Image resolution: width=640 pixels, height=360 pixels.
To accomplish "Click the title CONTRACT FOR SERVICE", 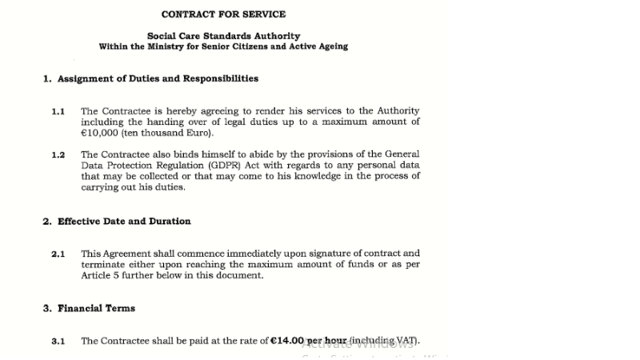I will coord(223,14).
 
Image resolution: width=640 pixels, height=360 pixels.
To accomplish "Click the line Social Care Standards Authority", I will coord(223,36).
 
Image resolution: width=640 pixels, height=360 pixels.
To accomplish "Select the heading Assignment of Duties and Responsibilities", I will coord(158,78).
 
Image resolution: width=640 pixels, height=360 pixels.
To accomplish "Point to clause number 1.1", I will coord(58,111).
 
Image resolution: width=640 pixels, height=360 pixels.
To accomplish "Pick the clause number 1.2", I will coord(58,154).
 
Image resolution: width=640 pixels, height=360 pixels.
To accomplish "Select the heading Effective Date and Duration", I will coord(124,221).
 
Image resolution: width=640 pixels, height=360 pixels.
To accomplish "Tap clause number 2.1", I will coord(58,254).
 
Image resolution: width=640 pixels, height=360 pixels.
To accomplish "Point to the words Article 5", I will coord(100,275).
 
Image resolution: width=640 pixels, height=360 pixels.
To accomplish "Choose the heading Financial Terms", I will coord(96,308).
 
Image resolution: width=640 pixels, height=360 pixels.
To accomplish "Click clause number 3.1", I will coord(58,341).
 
